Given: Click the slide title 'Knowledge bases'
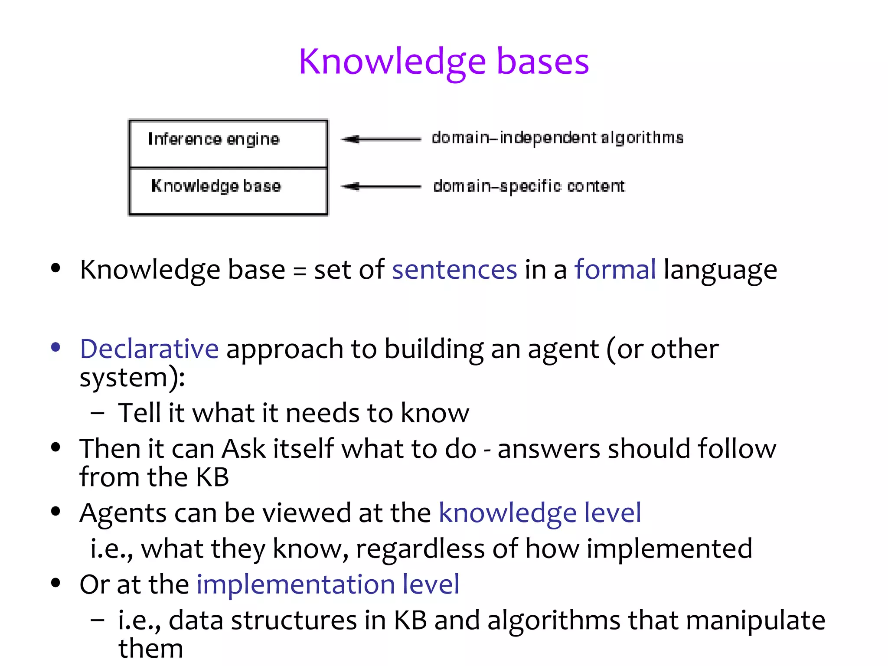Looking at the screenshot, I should point(444,62).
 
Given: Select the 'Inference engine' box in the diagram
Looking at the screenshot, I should point(228,144).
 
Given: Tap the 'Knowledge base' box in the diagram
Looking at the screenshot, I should point(228,191).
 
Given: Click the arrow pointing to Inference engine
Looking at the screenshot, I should point(380,139).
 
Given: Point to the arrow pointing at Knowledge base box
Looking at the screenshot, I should point(380,186).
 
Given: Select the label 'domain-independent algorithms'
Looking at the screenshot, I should point(557,138).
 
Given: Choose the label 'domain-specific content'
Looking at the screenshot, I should point(529,186).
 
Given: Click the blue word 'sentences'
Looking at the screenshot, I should point(454,269).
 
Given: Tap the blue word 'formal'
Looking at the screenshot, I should point(615,269).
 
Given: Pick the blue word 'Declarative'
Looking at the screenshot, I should point(149,349).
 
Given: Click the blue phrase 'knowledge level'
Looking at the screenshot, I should point(540,513).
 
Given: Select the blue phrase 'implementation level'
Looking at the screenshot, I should point(328,584).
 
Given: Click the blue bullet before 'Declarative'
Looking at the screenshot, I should point(55,347).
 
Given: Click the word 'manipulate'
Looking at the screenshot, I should point(755,620).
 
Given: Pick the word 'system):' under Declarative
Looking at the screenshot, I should point(132,377).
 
